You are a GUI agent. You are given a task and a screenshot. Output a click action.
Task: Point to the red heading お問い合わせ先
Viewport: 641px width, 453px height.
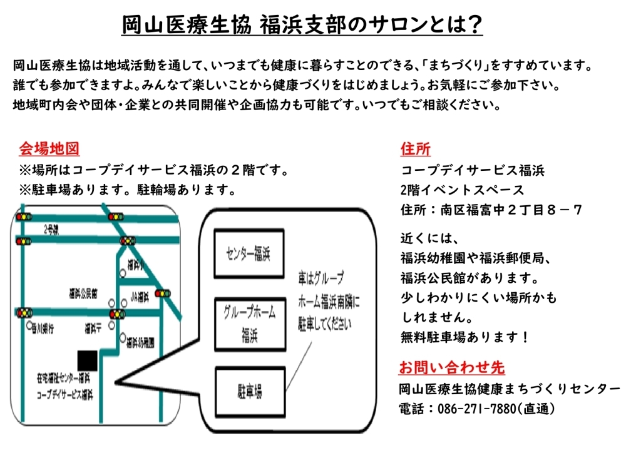(451, 367)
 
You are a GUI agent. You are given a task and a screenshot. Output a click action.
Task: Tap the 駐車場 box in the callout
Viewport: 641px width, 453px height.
(249, 392)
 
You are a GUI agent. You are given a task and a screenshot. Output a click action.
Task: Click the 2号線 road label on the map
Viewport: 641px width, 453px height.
(51, 230)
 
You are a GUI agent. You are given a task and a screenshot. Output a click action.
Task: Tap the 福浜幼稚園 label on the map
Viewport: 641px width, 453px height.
(140, 342)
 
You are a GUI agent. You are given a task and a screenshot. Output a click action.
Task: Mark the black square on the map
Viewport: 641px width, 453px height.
(87, 360)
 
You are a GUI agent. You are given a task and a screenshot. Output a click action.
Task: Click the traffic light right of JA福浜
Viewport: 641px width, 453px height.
(162, 293)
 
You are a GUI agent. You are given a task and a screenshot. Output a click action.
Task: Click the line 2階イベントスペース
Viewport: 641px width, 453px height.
(462, 190)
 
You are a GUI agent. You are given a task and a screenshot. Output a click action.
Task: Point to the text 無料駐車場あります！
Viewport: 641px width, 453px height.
(465, 338)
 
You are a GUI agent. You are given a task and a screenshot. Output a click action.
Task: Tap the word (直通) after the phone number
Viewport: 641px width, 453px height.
(536, 409)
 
